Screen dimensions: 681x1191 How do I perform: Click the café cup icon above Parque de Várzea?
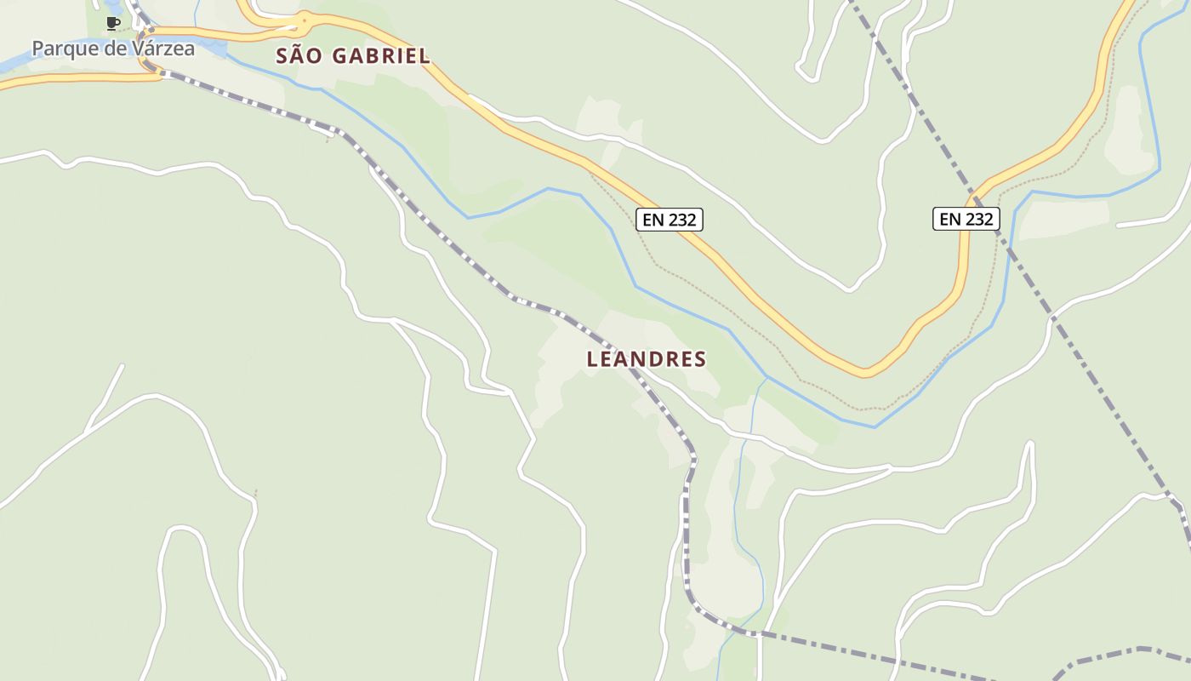point(112,23)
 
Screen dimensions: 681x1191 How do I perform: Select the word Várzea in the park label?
point(163,49)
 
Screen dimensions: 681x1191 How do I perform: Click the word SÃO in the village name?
point(298,56)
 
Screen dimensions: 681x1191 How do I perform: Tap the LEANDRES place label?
point(647,359)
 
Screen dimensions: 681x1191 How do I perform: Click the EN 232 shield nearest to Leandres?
point(670,220)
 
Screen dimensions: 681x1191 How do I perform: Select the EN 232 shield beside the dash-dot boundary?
point(966,219)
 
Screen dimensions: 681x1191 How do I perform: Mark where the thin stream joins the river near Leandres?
point(766,377)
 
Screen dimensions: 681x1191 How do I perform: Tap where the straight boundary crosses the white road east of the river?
point(1052,319)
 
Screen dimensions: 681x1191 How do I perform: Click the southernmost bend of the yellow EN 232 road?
point(864,372)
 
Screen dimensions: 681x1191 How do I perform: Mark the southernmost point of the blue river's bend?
point(874,426)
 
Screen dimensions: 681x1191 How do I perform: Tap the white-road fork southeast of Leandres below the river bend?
point(890,467)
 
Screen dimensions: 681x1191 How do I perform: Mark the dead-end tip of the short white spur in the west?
point(123,366)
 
